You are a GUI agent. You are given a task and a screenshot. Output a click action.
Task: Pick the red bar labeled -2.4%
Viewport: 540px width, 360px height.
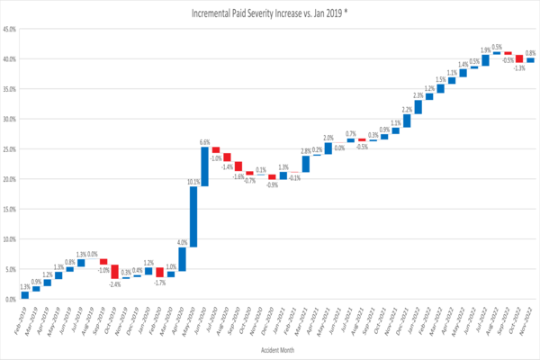click(x=115, y=272)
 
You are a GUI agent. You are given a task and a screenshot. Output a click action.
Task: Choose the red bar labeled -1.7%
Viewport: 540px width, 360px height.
click(x=159, y=272)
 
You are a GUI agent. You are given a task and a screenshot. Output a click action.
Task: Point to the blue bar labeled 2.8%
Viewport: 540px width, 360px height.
click(x=305, y=164)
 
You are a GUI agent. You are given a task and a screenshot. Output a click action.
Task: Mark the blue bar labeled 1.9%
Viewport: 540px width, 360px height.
click(x=486, y=60)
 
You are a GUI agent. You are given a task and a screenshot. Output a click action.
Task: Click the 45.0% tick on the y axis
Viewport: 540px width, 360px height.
click(x=11, y=29)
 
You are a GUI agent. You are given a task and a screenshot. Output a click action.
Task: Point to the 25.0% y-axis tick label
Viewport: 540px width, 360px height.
click(x=11, y=149)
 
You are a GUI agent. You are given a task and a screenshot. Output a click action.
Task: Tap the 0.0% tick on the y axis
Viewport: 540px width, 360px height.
click(x=12, y=300)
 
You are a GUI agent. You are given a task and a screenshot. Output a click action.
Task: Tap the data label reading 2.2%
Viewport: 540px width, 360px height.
click(x=407, y=110)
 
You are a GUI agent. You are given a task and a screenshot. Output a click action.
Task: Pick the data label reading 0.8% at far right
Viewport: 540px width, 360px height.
click(x=531, y=53)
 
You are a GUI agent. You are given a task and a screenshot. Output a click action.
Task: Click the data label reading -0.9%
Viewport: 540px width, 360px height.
click(x=272, y=184)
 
